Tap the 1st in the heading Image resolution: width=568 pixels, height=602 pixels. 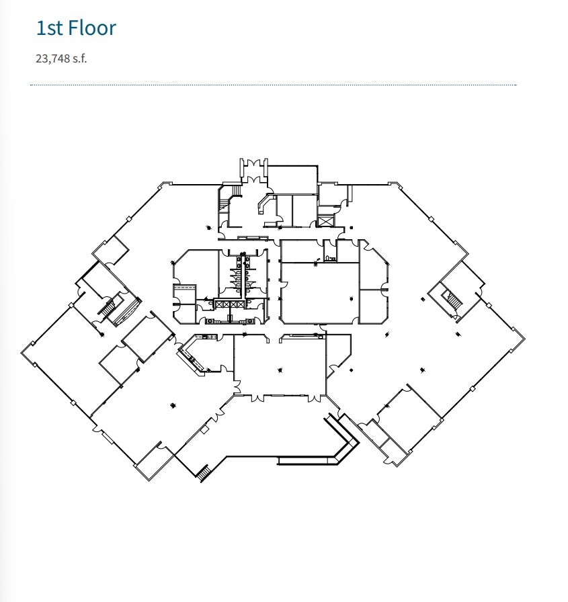tap(48, 28)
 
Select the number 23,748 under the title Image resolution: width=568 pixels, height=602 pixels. tap(52, 58)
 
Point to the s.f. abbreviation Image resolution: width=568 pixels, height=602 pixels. tap(79, 58)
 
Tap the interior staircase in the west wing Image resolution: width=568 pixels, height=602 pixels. tap(108, 308)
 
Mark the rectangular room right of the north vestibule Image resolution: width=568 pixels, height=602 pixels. tap(292, 180)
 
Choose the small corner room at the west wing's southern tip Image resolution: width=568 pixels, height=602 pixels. tap(153, 463)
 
